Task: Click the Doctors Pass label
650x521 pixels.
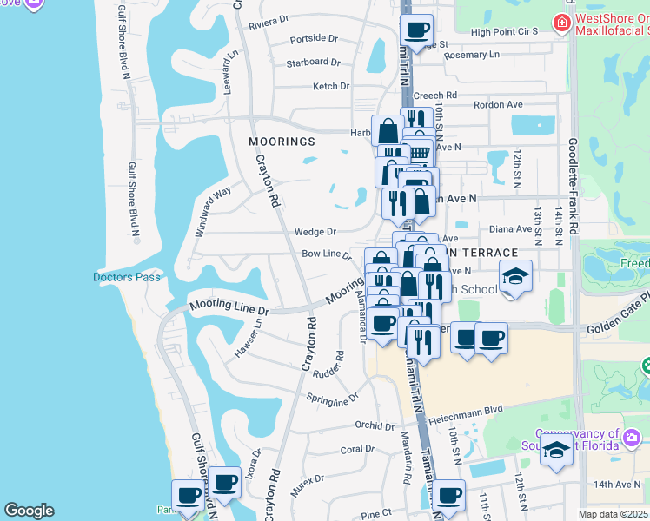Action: [123, 277]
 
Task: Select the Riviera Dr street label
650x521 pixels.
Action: [268, 20]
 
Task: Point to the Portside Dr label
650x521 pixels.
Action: [313, 39]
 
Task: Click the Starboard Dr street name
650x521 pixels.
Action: [313, 63]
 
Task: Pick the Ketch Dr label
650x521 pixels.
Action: [330, 87]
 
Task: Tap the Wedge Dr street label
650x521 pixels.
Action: [315, 232]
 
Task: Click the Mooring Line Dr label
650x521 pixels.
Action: [228, 307]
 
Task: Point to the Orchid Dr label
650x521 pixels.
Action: [375, 425]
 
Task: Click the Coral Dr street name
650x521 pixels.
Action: [357, 450]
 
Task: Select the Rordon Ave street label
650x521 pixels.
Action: [498, 105]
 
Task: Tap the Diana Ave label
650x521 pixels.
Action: [510, 229]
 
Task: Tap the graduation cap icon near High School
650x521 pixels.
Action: [515, 276]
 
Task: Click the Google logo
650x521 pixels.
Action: [29, 511]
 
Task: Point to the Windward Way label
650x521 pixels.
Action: [213, 211]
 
